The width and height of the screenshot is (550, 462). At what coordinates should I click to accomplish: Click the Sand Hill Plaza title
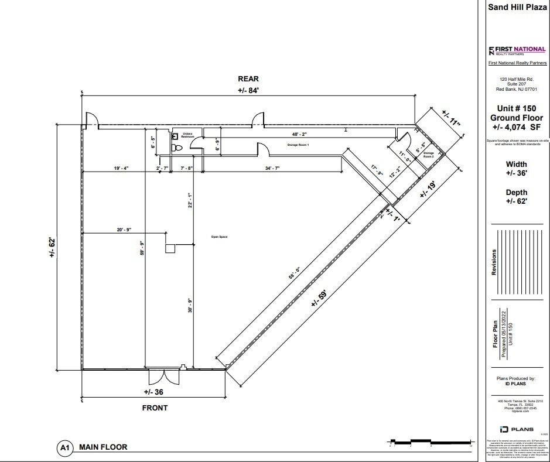click(x=517, y=8)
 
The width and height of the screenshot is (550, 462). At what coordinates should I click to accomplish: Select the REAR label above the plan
click(x=248, y=79)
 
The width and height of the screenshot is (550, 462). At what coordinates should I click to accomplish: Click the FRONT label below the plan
click(x=154, y=408)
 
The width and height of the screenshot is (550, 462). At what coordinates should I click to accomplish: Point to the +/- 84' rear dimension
click(x=248, y=90)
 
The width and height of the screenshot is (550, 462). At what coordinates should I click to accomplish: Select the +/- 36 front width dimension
click(x=154, y=392)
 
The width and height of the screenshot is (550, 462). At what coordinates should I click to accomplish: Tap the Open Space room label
click(x=219, y=237)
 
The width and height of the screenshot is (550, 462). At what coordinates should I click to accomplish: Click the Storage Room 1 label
click(x=298, y=144)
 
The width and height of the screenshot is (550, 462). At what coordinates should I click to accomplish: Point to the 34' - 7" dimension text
click(x=271, y=169)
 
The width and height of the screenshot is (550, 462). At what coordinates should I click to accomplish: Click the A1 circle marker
click(x=65, y=449)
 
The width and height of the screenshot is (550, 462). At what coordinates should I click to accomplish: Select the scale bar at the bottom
click(x=431, y=442)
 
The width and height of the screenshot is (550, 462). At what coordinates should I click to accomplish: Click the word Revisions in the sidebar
click(x=494, y=262)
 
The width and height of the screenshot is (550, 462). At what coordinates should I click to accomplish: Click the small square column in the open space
click(x=170, y=248)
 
